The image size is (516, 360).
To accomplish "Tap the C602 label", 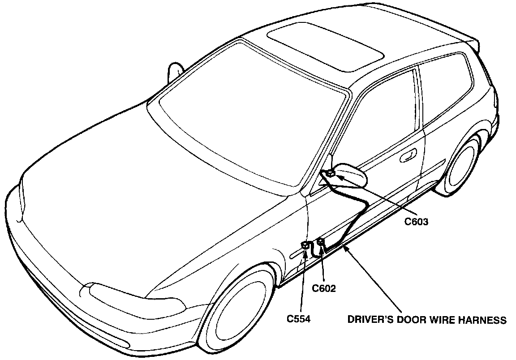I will coord(324,288).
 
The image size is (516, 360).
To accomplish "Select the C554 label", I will coord(299,320).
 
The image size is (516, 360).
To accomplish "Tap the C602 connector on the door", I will coord(321,242).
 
